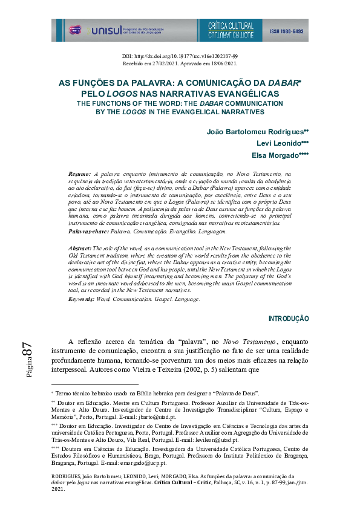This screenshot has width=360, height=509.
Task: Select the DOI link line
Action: tap(180, 56)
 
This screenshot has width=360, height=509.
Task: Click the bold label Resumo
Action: tap(80, 173)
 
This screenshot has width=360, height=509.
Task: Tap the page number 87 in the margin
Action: tap(27, 350)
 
